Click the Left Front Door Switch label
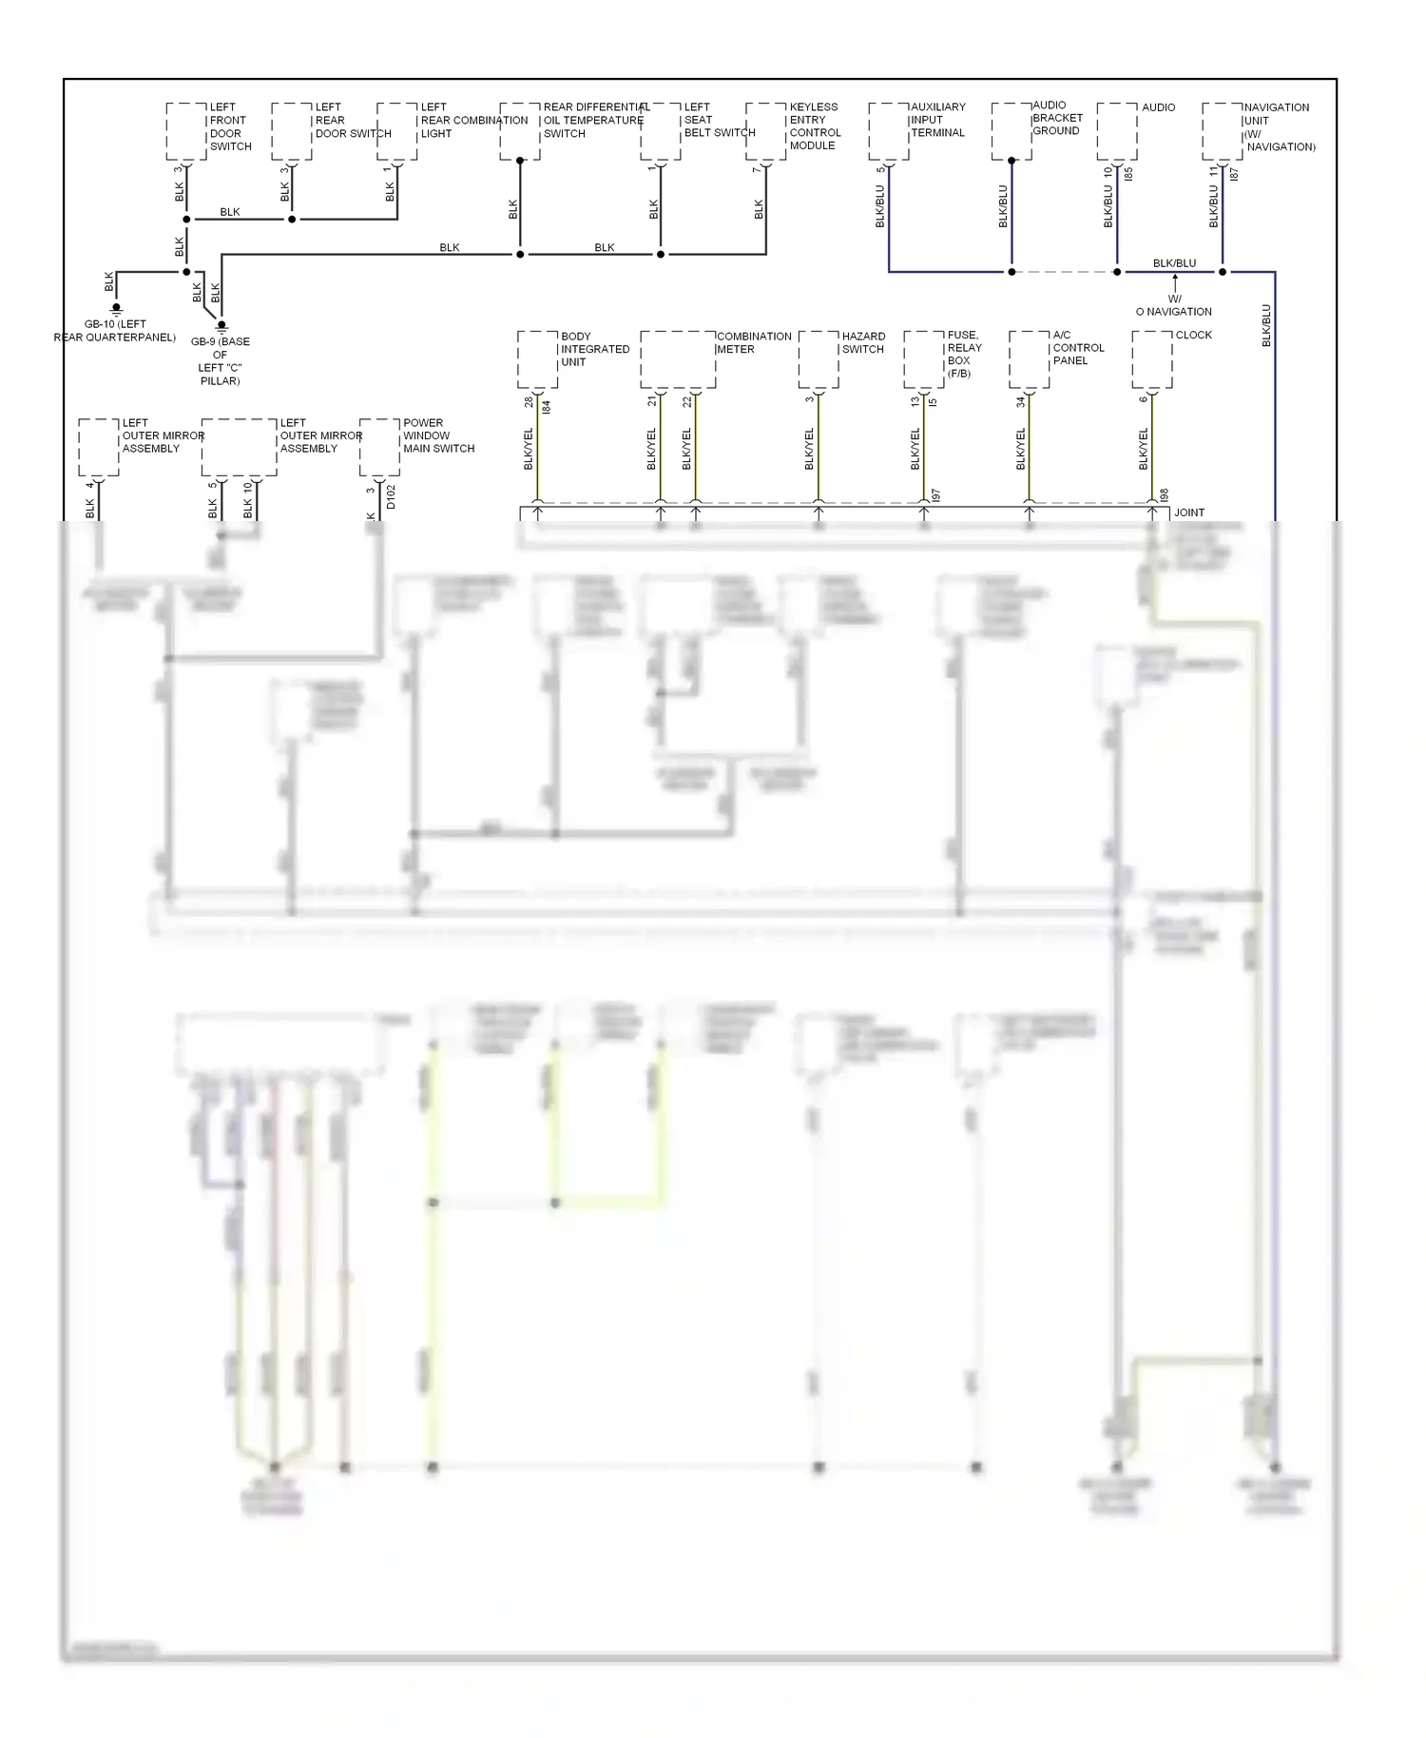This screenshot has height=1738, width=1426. (230, 126)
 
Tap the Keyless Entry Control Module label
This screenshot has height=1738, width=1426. (815, 126)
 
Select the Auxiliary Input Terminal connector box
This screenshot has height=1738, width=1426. (888, 131)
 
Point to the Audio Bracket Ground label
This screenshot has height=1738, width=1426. (1057, 118)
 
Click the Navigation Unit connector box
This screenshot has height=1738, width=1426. (1222, 131)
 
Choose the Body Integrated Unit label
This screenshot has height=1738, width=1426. (595, 349)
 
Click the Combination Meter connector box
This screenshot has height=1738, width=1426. (678, 359)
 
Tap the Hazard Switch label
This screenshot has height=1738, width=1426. (863, 342)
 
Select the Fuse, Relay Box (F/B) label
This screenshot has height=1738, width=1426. (964, 354)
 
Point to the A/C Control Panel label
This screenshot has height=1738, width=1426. (1078, 347)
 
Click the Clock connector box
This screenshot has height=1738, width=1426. (1152, 359)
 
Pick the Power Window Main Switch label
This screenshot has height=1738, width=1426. (438, 435)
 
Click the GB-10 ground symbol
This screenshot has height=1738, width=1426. (116, 309)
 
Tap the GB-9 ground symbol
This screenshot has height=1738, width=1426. (222, 326)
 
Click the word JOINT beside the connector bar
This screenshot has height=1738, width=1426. (1189, 512)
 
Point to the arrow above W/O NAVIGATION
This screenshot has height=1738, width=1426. (1175, 282)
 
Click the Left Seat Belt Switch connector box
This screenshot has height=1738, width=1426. (661, 131)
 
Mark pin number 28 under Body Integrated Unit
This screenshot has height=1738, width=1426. (530, 402)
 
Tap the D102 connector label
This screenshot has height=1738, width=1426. (391, 497)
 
